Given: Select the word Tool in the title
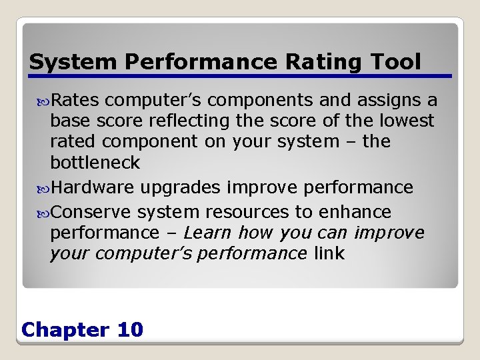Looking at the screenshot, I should coord(398,62).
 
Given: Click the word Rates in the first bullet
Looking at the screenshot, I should coord(75,100).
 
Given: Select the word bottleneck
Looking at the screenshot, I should coord(95,162).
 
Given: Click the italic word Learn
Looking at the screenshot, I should coord(207,233).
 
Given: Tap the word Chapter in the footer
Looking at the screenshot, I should coord(65,329).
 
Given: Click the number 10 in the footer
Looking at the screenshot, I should coord(129,329).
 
